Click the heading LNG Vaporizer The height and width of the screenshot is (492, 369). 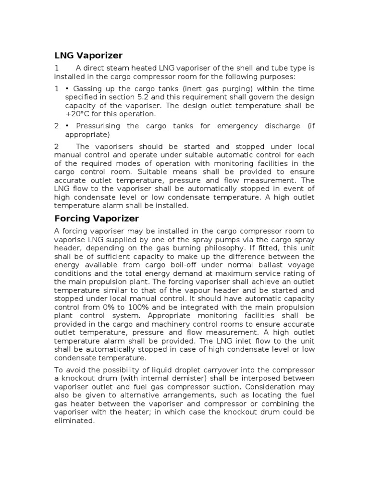[x=88, y=55]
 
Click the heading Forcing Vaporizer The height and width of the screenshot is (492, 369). [x=97, y=219]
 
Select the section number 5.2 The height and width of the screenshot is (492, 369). [x=165, y=97]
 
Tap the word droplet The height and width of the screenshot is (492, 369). [x=178, y=369]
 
